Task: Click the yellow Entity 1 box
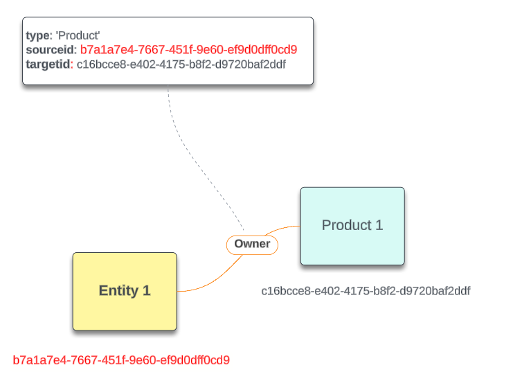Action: pos(125,291)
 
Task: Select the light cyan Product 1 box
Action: pos(352,226)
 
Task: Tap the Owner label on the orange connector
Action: pos(252,245)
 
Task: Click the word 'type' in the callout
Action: pos(37,35)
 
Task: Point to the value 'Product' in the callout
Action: pos(78,35)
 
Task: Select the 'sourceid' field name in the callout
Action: pos(50,50)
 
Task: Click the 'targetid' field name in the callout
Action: pos(48,64)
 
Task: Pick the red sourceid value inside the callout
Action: pos(188,50)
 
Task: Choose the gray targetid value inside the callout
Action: pos(181,64)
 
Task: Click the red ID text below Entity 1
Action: pos(121,360)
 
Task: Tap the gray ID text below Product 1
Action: pos(366,291)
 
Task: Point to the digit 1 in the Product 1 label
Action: pos(379,226)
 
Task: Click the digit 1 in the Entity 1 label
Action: pos(146,291)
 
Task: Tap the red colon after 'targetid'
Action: pos(71,64)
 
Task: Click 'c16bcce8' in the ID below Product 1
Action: pos(284,291)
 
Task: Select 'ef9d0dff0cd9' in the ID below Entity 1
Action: pos(199,360)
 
